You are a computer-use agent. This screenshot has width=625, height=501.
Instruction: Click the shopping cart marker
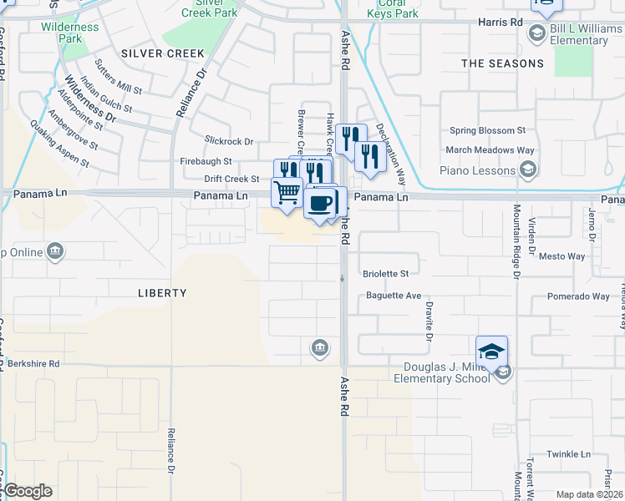point(287,192)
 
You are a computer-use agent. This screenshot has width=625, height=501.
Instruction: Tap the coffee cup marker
point(321,202)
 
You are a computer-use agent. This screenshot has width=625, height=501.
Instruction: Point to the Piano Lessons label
point(478,170)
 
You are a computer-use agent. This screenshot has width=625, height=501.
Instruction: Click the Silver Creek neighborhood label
point(162,53)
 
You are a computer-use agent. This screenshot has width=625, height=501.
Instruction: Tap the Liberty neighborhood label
point(162,293)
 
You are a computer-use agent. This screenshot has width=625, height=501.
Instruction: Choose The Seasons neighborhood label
point(502,63)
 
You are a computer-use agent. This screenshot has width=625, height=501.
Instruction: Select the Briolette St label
point(386,274)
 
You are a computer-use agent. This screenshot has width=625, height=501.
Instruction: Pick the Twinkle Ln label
point(569,454)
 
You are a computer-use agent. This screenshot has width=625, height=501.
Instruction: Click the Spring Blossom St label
point(487,130)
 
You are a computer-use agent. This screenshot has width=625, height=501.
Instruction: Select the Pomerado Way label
point(578,296)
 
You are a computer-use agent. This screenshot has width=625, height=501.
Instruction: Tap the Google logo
point(28,491)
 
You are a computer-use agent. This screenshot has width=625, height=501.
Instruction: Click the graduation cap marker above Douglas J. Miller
point(492,351)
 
